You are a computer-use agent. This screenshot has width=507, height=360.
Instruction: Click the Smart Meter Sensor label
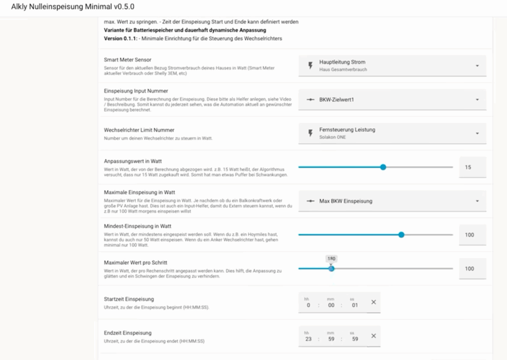[128, 60]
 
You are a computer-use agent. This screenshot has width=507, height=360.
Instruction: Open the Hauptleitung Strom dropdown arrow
[477, 66]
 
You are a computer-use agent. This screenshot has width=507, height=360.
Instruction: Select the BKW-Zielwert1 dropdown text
[337, 100]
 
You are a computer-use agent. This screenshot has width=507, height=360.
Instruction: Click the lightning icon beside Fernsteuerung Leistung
[310, 133]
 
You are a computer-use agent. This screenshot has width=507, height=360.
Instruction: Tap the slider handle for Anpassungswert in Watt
[383, 167]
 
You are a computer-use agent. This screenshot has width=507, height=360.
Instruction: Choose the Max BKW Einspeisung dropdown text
[346, 201]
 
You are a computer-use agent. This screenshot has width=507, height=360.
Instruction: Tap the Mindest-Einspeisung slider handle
[401, 235]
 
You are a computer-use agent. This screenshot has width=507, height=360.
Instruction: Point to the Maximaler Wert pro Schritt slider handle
[331, 268]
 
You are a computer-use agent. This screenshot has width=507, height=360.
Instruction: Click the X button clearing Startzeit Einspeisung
[373, 302]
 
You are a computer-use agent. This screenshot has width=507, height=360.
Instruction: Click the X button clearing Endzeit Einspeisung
[373, 336]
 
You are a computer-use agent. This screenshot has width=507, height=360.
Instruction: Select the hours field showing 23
[307, 339]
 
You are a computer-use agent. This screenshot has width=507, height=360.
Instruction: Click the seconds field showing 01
[355, 305]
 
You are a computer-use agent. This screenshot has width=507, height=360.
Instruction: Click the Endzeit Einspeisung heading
[128, 333]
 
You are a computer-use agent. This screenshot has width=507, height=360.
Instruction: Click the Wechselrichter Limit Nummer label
[132, 130]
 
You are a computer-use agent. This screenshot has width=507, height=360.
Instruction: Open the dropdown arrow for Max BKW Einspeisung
[477, 201]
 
